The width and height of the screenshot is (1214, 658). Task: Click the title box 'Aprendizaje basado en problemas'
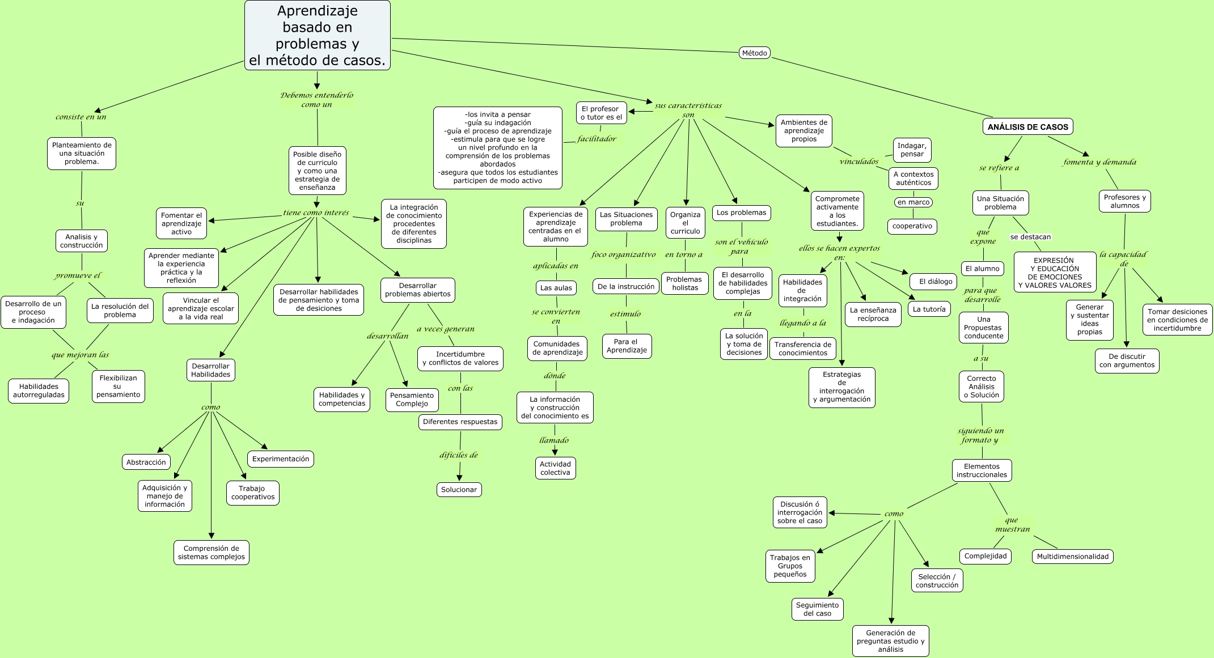point(318,35)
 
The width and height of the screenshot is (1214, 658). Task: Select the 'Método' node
point(755,53)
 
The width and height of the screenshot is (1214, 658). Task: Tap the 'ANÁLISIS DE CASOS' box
point(1028,127)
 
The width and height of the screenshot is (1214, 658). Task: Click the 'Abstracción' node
point(146,462)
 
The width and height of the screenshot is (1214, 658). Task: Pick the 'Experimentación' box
point(281,459)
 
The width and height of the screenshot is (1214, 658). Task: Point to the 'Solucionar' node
point(459,490)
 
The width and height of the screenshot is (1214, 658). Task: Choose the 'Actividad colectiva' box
point(556,468)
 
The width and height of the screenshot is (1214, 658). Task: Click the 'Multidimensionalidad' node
point(1073,557)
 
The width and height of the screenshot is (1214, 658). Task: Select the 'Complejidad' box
point(985,556)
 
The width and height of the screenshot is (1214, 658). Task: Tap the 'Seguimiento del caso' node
point(817,609)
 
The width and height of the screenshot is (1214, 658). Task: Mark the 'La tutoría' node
point(929,309)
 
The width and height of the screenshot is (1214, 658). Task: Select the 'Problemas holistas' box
point(685,283)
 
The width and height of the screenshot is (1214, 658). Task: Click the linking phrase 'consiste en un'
point(81,117)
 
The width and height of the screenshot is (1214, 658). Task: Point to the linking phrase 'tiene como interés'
point(316,213)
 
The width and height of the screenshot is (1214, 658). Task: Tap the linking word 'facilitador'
point(597,139)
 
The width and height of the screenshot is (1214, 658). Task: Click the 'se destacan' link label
point(1031,237)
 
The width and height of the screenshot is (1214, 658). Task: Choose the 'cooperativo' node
point(912,226)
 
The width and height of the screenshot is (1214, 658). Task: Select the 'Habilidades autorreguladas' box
point(39,391)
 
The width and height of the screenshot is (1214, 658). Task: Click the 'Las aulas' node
point(556,288)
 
